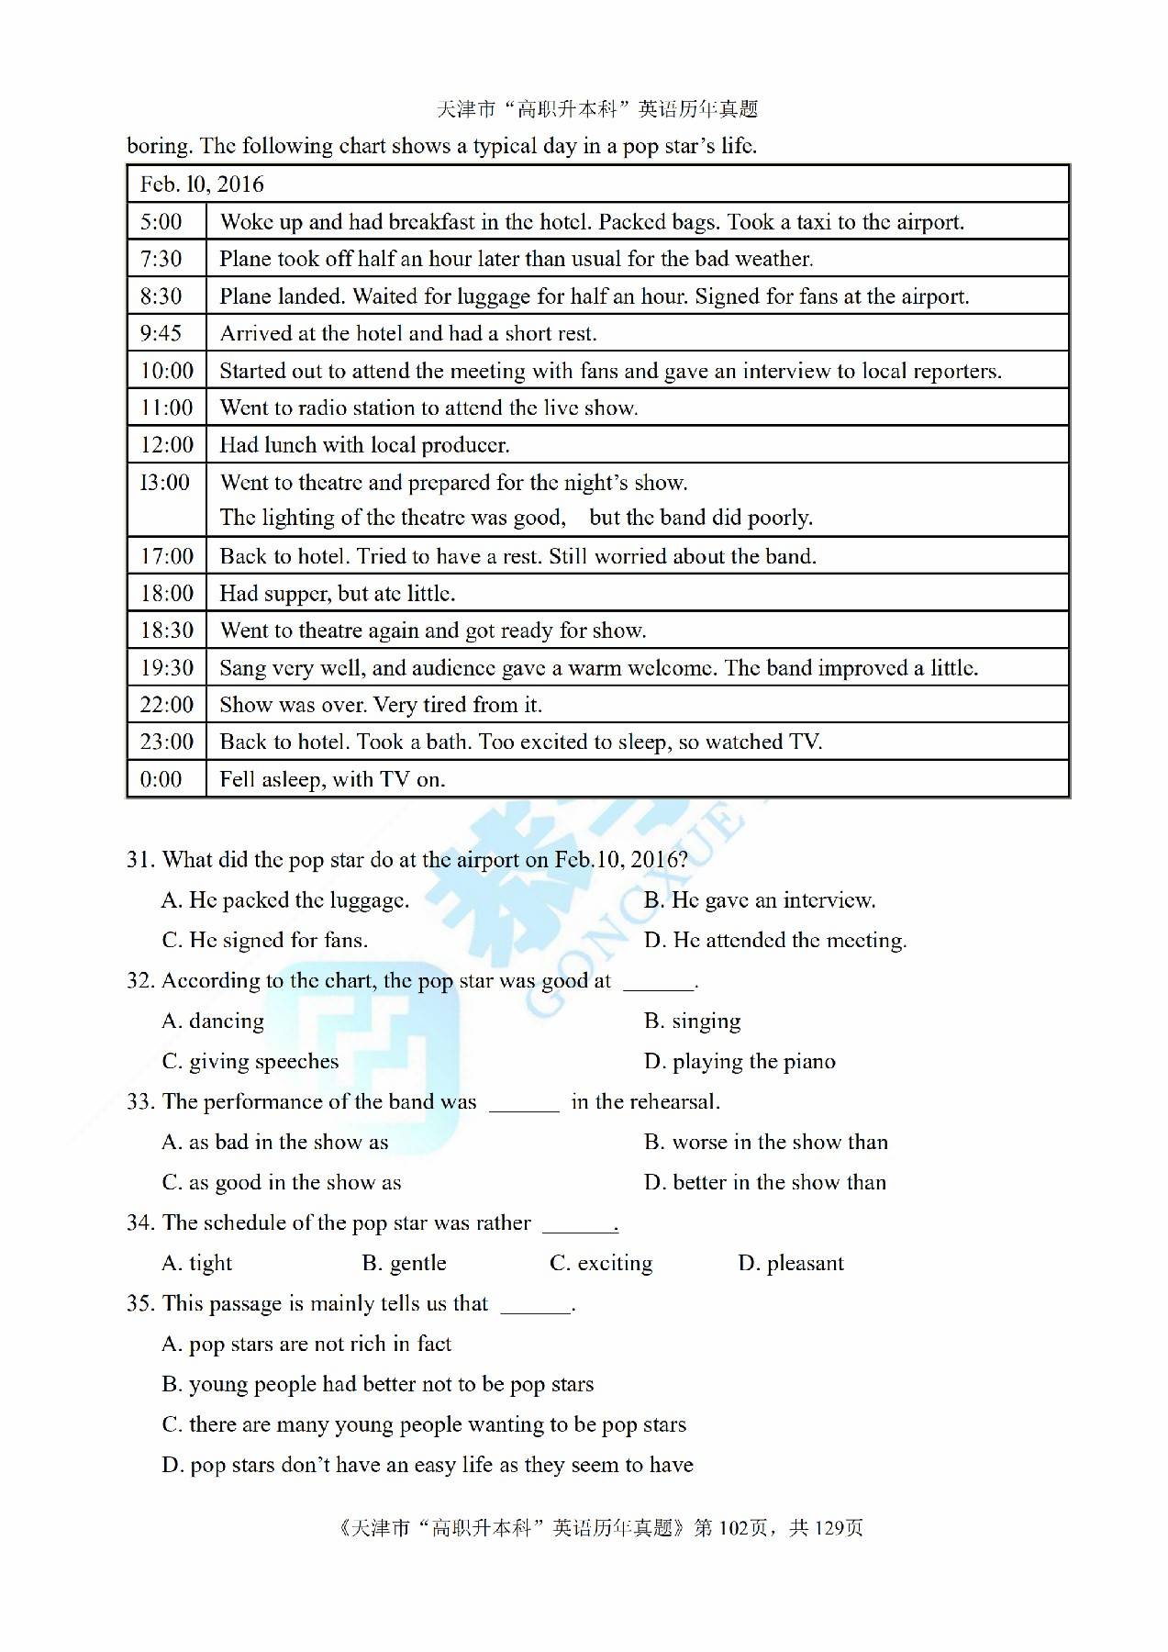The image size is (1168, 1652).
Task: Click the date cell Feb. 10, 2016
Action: coord(202,184)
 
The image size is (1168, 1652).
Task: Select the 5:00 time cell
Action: coord(161,222)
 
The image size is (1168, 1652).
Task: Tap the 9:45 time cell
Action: coord(161,333)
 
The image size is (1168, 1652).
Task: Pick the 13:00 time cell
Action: coord(165,483)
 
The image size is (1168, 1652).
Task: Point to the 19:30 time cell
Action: coord(167,668)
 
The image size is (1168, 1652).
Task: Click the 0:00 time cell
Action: coord(161,779)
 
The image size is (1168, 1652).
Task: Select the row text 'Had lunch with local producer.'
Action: coord(364,445)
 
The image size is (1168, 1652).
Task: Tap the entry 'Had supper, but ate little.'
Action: coord(337,594)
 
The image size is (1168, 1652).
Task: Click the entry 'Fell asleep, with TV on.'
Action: coord(332,779)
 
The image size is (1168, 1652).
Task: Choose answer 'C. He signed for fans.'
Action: coord(264,940)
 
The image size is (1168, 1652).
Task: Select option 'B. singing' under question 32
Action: coord(692,1021)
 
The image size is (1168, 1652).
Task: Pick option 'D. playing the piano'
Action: coord(740,1061)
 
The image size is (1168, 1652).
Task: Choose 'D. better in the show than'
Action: coord(765,1182)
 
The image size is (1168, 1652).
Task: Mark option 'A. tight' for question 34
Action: coord(196,1263)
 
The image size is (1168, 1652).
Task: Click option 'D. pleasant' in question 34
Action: coord(790,1263)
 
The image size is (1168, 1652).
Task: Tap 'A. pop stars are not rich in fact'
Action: coord(306,1344)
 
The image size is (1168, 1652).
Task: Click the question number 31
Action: coord(139,860)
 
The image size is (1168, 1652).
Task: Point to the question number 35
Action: coord(139,1303)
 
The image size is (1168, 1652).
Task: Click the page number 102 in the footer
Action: coord(733,1527)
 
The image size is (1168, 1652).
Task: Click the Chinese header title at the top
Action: coord(597,109)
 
